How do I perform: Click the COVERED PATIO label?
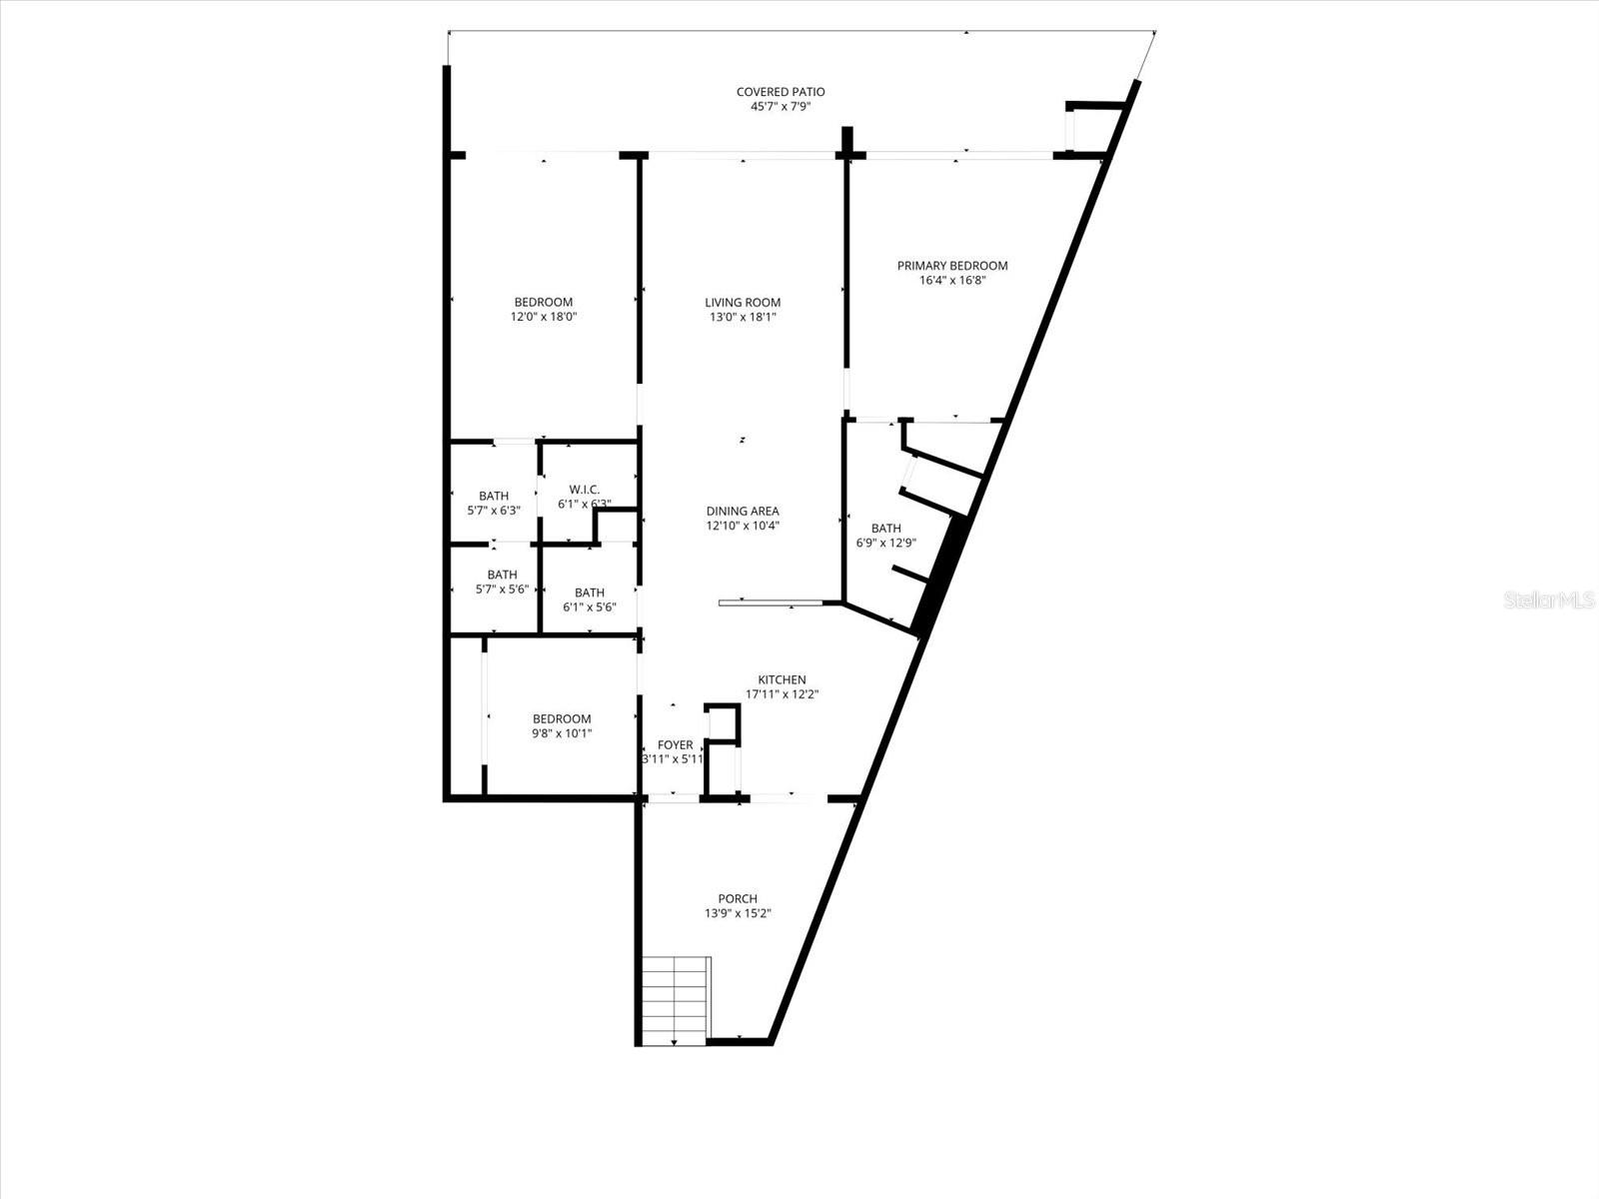tap(781, 92)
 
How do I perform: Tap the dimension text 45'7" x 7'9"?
tap(781, 106)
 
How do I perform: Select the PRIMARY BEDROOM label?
tap(951, 266)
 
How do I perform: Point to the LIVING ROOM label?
tap(743, 303)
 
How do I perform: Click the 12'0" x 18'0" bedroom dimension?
tap(544, 317)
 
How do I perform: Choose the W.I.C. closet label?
tap(585, 490)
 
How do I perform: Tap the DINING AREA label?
tap(743, 512)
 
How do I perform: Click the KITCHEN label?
tap(782, 680)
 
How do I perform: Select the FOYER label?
tap(675, 745)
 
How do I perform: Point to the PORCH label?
tap(738, 899)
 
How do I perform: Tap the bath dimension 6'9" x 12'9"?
tap(886, 544)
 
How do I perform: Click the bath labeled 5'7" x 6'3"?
tap(494, 503)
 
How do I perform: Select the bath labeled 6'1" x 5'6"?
tap(590, 599)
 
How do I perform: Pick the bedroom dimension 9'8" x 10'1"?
tap(562, 733)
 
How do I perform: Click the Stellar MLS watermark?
tap(1548, 600)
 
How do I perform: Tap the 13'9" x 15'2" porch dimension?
tap(738, 913)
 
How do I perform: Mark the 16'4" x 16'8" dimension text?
tap(951, 280)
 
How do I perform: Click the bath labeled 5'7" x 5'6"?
tap(502, 582)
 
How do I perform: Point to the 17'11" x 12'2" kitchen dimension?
tap(782, 694)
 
